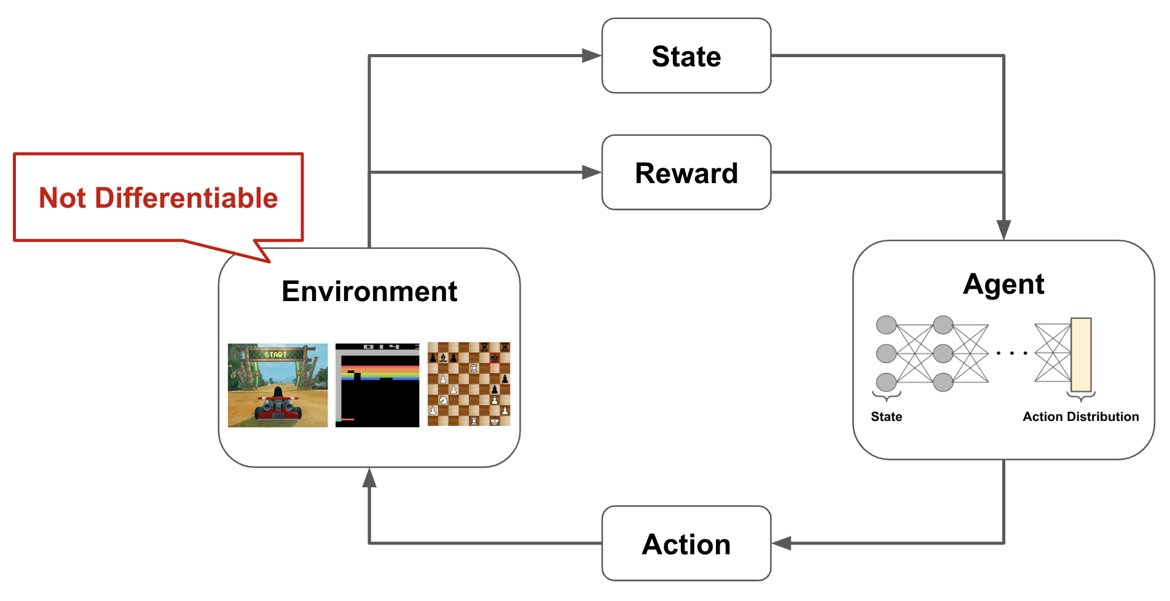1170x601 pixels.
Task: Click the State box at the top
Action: coord(686,56)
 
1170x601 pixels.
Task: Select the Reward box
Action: coord(686,173)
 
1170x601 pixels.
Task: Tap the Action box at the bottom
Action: coord(686,544)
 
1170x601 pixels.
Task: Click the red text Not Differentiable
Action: coord(158,198)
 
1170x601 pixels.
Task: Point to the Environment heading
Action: coord(369,291)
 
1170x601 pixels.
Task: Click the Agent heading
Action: coord(1003,284)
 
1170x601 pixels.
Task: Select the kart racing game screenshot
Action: coord(278,385)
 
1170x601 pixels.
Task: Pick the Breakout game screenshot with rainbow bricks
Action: coord(377,385)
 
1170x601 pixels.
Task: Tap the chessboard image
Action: coord(469,384)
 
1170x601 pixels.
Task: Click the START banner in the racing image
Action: coord(275,355)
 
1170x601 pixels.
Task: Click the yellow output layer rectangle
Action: coord(1081,355)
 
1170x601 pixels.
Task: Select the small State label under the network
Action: coord(886,417)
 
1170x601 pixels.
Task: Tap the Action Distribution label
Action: coord(1080,417)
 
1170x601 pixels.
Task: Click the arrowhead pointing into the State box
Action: coord(592,56)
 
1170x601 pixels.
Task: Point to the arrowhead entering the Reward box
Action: coord(592,173)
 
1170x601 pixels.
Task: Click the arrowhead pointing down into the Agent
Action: coord(1003,230)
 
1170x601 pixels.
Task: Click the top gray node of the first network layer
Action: coord(886,325)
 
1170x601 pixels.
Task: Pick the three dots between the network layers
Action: coord(1011,353)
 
